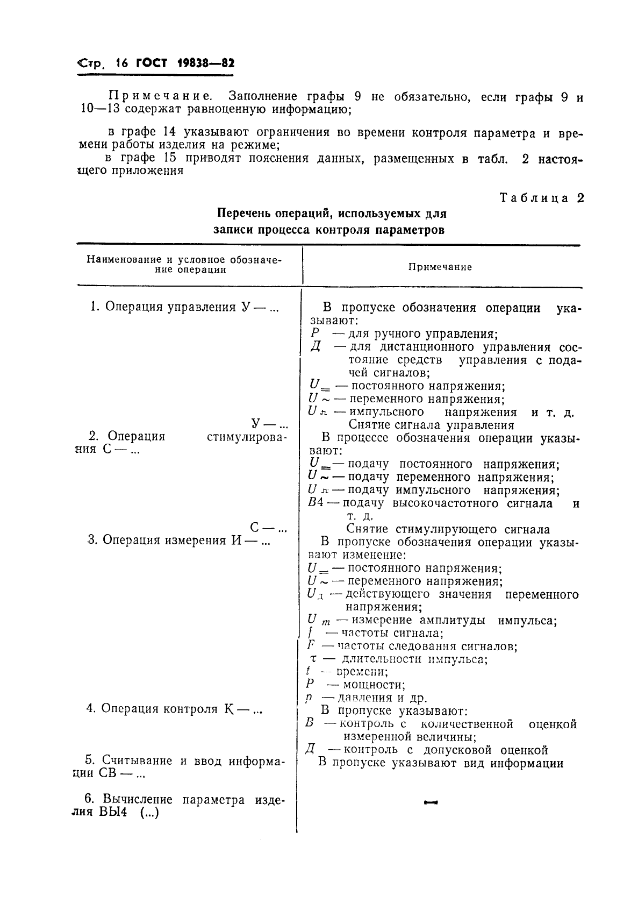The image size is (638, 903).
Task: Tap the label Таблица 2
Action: [541, 198]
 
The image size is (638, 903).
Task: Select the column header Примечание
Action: [440, 267]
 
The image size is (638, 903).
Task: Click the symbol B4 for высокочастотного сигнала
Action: [315, 504]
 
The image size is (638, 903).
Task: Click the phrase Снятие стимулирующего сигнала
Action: [448, 529]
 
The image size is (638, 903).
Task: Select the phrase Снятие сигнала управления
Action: [432, 425]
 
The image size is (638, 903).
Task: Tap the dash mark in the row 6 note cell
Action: [431, 804]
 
